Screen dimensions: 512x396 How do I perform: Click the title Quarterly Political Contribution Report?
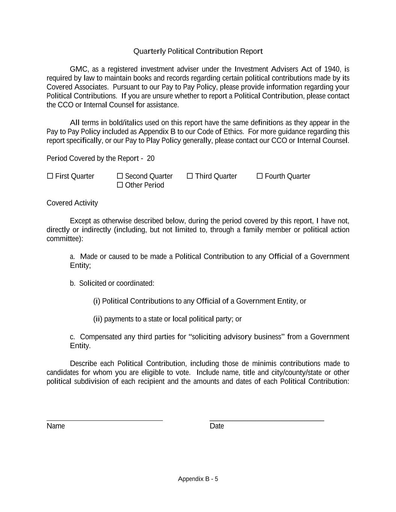pyautogui.click(x=198, y=51)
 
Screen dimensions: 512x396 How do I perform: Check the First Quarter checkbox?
pyautogui.click(x=50, y=176)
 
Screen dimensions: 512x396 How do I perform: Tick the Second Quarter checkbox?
pyautogui.click(x=120, y=176)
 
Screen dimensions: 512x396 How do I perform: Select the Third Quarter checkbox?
pyautogui.click(x=190, y=176)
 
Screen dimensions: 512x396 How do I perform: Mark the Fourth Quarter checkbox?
pyautogui.click(x=260, y=176)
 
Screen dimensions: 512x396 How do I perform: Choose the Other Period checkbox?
pyautogui.click(x=120, y=185)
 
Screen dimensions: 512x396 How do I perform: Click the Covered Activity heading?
pyautogui.click(x=72, y=203)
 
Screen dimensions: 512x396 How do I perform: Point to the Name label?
pyautogui.click(x=56, y=426)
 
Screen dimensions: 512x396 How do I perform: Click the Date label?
pyautogui.click(x=217, y=426)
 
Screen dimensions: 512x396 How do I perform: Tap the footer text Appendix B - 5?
pyautogui.click(x=198, y=479)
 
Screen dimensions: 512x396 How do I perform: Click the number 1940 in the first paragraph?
pyautogui.click(x=331, y=69)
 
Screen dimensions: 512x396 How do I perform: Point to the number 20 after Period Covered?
pyautogui.click(x=151, y=158)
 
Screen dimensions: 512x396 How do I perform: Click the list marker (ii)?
pyautogui.click(x=98, y=319)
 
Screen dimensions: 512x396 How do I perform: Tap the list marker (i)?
pyautogui.click(x=96, y=301)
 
